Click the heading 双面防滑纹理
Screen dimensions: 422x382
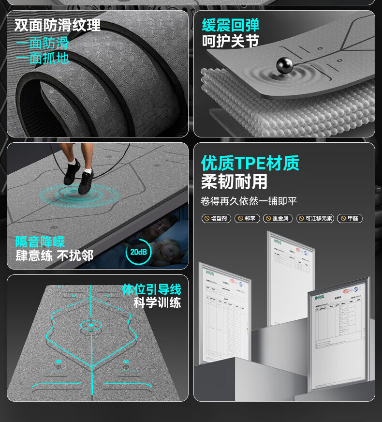pos(58,25)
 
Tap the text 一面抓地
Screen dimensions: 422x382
pos(43,58)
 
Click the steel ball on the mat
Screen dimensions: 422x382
pos(282,65)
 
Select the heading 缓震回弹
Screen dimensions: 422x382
pos(230,25)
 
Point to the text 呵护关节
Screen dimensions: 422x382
pos(230,42)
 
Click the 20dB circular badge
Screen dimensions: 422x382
pos(138,252)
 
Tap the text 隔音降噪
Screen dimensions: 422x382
pos(40,241)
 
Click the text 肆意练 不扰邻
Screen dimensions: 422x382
pos(54,256)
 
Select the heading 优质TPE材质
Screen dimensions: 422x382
pos(250,163)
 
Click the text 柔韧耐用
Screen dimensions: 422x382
pos(234,182)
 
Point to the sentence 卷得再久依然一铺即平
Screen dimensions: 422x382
pos(249,201)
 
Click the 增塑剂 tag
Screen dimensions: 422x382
pos(216,218)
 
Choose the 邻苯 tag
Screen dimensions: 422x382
pos(247,218)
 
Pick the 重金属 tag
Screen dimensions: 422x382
pos(278,218)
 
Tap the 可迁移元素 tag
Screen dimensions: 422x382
pos(315,218)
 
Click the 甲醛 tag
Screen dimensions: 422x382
pos(349,218)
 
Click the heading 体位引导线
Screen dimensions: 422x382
pos(151,289)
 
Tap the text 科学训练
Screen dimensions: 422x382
pos(157,303)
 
